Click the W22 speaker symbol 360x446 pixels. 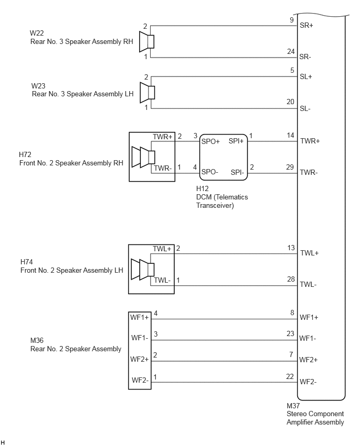(x=147, y=42)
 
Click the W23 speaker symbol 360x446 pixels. (x=148, y=93)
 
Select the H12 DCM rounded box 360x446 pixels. (x=223, y=157)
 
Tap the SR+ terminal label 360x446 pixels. (x=306, y=25)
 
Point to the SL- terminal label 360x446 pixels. (x=305, y=109)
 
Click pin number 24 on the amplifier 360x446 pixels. (x=290, y=51)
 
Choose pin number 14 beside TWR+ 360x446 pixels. (x=290, y=136)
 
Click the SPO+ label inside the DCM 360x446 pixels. (x=210, y=141)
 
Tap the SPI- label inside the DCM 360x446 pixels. (x=237, y=172)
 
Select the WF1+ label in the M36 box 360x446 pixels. (x=139, y=317)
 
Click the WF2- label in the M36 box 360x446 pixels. (x=140, y=380)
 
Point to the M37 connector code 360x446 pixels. (x=293, y=406)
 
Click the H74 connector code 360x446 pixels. (x=27, y=262)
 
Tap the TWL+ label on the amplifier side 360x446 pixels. (x=309, y=253)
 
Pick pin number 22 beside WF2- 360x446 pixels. (x=290, y=376)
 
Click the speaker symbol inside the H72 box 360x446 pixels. (x=143, y=157)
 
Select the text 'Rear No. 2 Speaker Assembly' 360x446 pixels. (x=76, y=349)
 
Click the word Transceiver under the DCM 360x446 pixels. (x=215, y=205)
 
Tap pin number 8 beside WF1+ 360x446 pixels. (x=292, y=313)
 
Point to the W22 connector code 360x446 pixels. (x=37, y=33)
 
